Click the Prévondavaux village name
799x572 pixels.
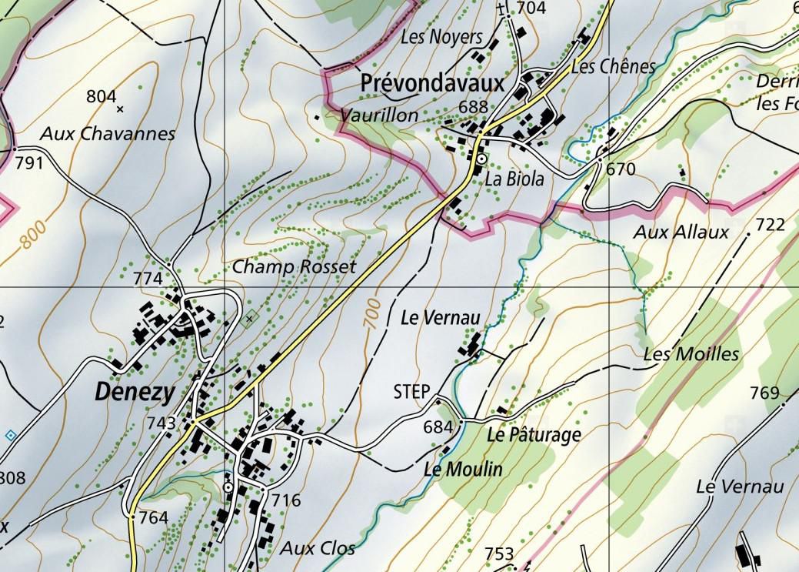[431, 82]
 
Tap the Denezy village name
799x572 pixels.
[134, 392]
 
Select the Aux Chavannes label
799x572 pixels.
[108, 134]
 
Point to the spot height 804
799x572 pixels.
[102, 96]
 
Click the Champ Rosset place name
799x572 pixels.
[295, 267]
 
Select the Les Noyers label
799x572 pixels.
[441, 37]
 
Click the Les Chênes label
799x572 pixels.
[614, 67]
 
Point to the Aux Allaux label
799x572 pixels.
[681, 232]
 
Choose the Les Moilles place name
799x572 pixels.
[691, 354]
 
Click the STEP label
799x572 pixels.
[411, 391]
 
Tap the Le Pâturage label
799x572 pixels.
[534, 435]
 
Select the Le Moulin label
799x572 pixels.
[463, 469]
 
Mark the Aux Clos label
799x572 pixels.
[318, 548]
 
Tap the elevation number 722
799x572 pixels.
[770, 225]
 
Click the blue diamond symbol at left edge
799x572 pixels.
[10, 436]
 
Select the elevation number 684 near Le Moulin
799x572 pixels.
[438, 426]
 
